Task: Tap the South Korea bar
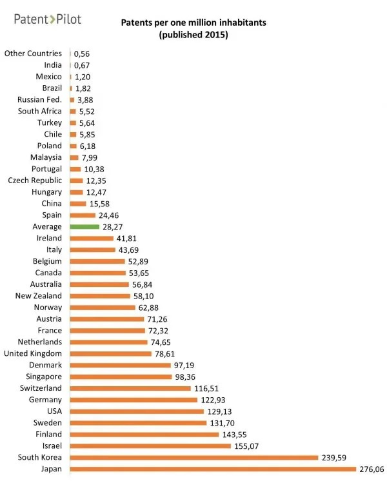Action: (x=194, y=457)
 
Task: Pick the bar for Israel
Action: (x=150, y=446)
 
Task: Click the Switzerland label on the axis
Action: (x=41, y=388)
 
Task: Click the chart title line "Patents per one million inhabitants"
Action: (x=194, y=23)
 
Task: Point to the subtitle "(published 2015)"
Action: (x=194, y=35)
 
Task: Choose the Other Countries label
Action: (x=33, y=54)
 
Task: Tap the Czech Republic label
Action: (x=35, y=181)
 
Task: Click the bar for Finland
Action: (x=144, y=434)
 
